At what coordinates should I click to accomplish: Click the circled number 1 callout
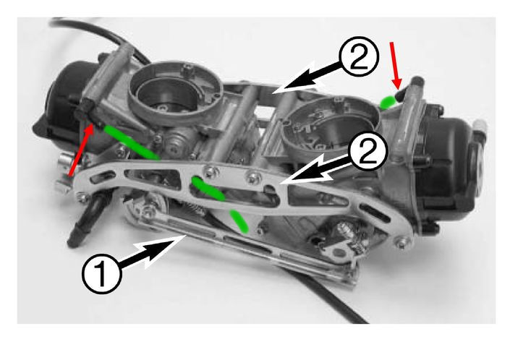(102, 274)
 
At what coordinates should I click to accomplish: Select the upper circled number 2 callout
(359, 56)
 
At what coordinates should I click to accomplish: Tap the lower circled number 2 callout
(368, 151)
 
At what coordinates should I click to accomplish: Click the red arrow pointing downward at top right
(396, 65)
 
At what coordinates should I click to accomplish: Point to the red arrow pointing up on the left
(81, 151)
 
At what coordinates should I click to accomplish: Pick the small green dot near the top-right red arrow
(388, 103)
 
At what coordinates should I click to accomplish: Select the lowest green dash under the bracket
(239, 221)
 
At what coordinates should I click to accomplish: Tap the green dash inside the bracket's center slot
(208, 189)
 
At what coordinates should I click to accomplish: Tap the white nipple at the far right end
(480, 125)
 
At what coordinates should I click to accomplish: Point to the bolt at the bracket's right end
(403, 242)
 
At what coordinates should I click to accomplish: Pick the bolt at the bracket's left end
(82, 196)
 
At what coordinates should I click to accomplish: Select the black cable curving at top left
(98, 33)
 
